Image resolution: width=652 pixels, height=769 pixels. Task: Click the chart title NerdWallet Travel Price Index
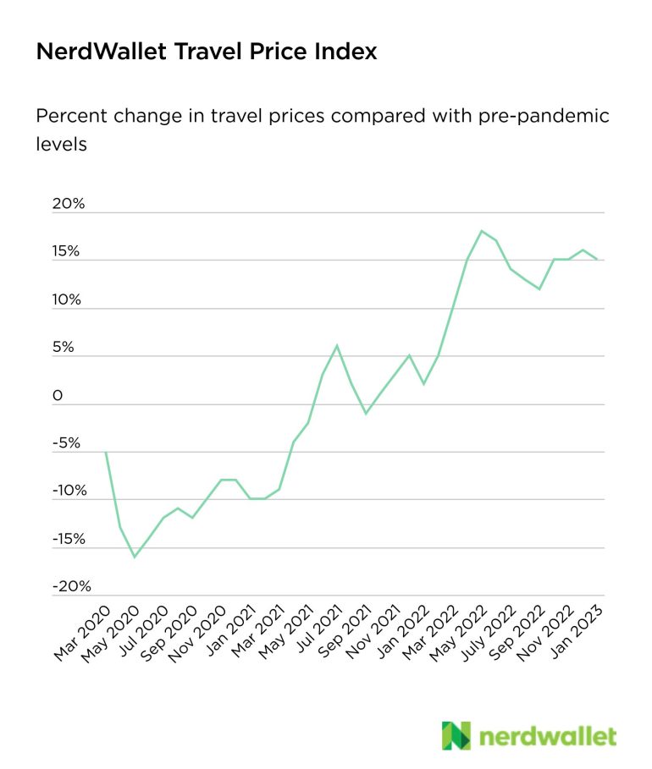click(206, 52)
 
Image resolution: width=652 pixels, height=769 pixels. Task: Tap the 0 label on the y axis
click(57, 396)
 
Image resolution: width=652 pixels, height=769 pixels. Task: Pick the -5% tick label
click(67, 443)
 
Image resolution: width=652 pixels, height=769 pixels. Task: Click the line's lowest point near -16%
click(135, 557)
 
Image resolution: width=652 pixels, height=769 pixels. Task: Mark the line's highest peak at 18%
click(481, 231)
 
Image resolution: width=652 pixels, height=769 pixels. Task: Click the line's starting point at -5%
click(106, 452)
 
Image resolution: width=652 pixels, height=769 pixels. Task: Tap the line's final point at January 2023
click(597, 260)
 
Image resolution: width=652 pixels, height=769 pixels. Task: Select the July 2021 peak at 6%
click(337, 345)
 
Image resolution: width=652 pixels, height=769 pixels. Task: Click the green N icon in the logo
click(456, 735)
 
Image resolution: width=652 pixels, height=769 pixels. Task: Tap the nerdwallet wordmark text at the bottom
click(548, 736)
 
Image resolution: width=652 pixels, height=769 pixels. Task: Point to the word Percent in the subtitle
click(69, 115)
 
